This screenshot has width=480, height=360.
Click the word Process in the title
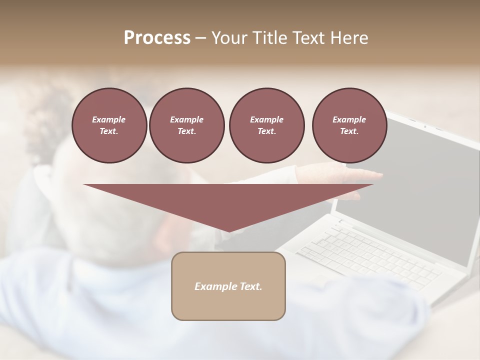(157, 38)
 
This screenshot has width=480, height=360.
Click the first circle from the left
(109, 125)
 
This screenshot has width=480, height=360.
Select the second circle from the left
(186, 125)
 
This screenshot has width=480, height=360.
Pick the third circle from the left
(266, 125)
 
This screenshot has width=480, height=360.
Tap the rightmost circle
(349, 125)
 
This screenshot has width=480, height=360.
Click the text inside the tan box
(228, 286)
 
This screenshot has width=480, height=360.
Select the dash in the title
(200, 38)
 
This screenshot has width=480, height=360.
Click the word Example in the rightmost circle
(349, 119)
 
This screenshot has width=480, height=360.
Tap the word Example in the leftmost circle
(109, 119)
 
